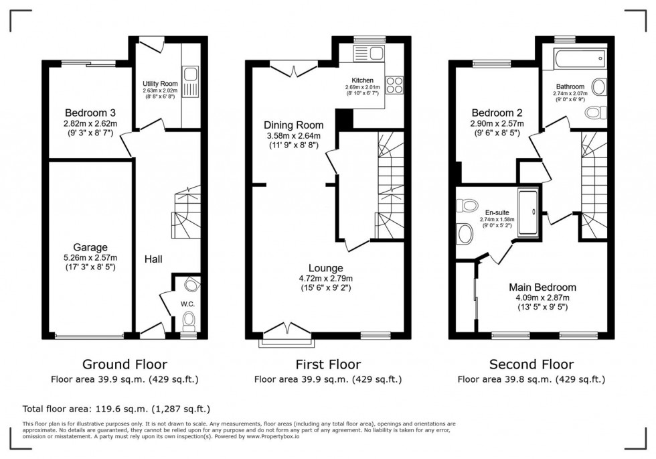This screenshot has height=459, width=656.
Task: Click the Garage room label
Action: tap(90, 247)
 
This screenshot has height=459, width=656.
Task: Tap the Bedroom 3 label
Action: tap(90, 113)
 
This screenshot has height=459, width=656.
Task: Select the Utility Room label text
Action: tap(159, 82)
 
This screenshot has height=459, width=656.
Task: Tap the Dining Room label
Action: tap(293, 125)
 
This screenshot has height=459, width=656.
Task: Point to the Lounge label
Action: tap(325, 268)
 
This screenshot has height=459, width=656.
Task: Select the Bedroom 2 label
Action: tap(497, 113)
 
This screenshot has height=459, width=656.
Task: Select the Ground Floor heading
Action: tap(125, 365)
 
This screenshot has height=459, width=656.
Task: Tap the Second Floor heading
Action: tap(531, 365)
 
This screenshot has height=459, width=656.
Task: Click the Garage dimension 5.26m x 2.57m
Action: tap(90, 258)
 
